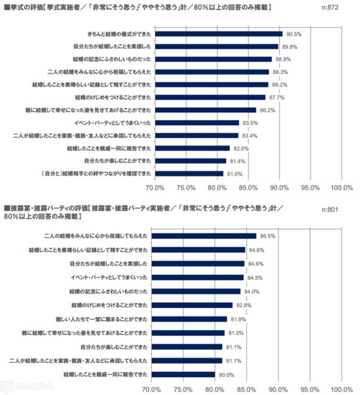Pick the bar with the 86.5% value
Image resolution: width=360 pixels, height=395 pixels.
[203, 236]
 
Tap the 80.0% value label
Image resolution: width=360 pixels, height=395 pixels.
[227, 374]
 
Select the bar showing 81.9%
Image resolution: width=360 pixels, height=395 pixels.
[188, 319]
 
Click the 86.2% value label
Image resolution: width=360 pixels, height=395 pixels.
[268, 110]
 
